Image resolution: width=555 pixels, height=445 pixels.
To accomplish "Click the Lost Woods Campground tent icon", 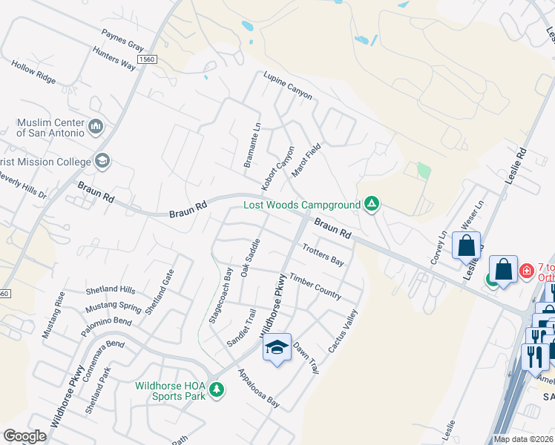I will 372,204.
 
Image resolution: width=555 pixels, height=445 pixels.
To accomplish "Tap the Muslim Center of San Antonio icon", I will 95,128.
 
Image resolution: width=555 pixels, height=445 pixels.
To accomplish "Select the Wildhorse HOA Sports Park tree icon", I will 216,389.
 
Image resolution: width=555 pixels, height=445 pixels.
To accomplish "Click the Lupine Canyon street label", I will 288,85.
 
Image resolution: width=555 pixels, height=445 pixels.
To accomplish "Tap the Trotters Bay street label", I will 324,256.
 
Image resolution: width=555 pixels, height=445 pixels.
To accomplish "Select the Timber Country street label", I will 315,285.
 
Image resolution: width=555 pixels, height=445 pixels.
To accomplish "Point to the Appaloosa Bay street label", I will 258,389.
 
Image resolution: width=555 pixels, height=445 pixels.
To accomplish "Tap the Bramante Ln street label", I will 257,145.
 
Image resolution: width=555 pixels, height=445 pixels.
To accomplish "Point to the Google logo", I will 25,435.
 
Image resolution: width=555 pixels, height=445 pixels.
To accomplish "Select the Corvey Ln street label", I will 438,248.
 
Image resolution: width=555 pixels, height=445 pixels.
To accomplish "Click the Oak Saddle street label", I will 250,258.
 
